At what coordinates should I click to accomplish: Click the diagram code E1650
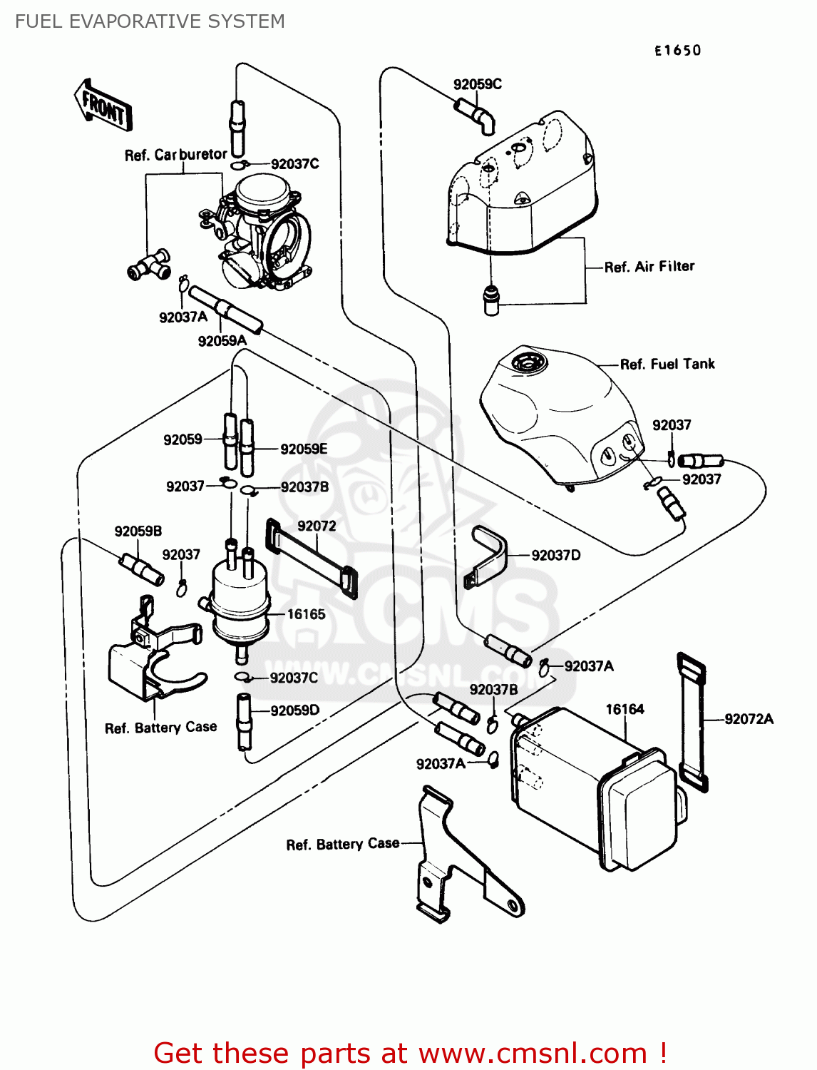click(677, 51)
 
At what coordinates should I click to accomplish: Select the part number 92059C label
click(477, 84)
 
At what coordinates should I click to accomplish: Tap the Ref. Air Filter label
click(649, 267)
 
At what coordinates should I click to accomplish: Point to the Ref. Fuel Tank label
click(667, 364)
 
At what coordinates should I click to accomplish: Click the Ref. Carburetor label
click(175, 155)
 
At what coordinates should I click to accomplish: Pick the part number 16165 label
click(306, 614)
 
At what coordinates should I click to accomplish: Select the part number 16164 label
click(625, 709)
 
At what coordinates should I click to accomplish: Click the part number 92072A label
click(749, 719)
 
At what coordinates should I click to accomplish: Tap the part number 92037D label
click(555, 555)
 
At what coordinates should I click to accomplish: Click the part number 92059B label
click(138, 531)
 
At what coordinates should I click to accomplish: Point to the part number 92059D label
click(294, 710)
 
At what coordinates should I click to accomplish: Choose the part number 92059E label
click(304, 449)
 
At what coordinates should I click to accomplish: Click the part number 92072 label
click(317, 526)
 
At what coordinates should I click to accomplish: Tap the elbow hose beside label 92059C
click(475, 116)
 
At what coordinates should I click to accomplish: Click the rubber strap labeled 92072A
click(692, 720)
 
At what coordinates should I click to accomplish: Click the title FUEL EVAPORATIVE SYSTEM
click(150, 21)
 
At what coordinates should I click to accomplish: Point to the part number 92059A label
click(222, 341)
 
